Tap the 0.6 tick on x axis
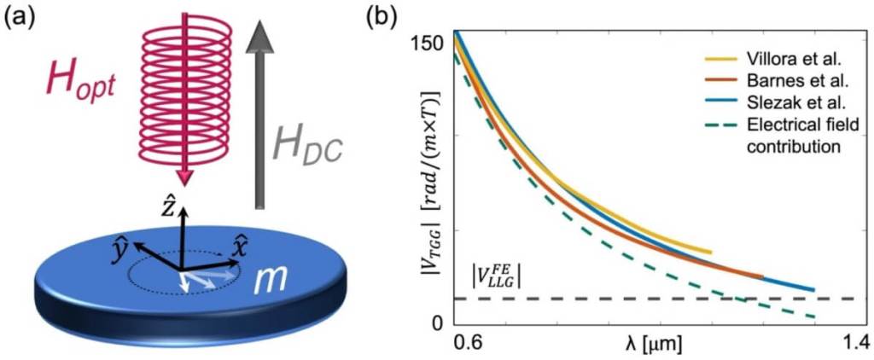(x=467, y=344)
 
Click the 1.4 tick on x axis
(x=851, y=344)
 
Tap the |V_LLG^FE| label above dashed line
(x=497, y=278)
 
